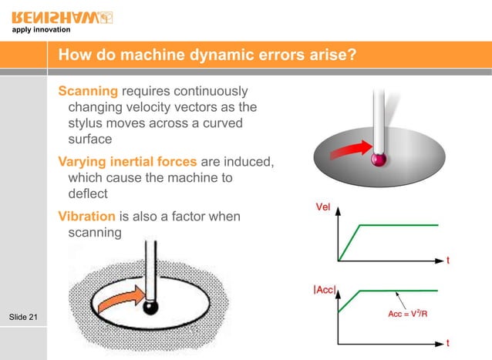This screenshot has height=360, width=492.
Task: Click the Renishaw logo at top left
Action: (x=63, y=15)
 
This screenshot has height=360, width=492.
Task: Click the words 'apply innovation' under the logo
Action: (x=40, y=30)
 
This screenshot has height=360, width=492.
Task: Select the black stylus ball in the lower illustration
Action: (x=151, y=308)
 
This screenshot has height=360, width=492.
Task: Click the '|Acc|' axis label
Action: (x=324, y=290)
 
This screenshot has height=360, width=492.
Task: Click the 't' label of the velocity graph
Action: (x=448, y=261)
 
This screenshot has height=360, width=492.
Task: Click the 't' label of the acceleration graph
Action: (x=448, y=342)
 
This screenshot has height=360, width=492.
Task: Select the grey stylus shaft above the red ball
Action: (x=378, y=116)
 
